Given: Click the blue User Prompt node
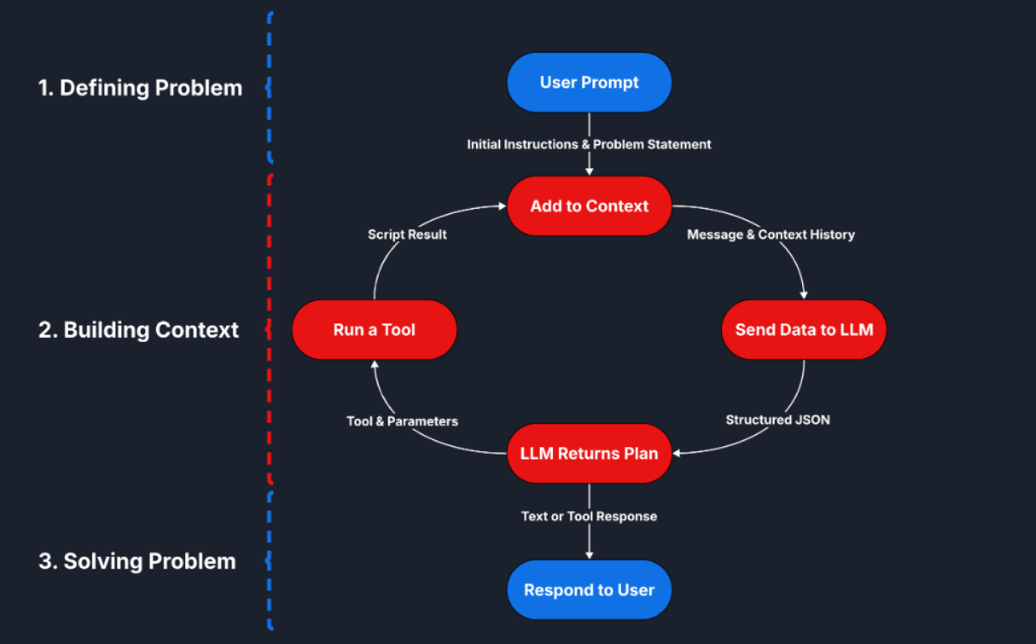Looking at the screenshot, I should [589, 83].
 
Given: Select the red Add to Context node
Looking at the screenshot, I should [589, 207].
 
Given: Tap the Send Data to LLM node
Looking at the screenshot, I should [804, 330].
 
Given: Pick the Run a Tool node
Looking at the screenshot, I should [374, 330].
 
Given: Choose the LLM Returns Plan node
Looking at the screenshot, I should [589, 454].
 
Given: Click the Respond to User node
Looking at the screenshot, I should [589, 590].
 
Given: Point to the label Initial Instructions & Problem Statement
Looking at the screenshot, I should [589, 144].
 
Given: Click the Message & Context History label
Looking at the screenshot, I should [771, 234].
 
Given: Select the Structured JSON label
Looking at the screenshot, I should [777, 420].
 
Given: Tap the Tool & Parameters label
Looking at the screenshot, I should [402, 421].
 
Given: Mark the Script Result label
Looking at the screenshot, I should [407, 234].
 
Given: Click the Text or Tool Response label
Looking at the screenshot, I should [589, 516].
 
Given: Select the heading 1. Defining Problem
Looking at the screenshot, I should [140, 87].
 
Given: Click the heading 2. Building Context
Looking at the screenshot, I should [138, 330].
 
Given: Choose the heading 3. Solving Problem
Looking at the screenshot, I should [137, 561].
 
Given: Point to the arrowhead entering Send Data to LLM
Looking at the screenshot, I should [804, 295].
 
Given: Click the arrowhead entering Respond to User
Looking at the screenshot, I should [589, 554].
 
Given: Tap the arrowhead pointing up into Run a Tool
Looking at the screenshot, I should [374, 365].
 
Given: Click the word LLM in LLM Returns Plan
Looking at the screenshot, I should [536, 454].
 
